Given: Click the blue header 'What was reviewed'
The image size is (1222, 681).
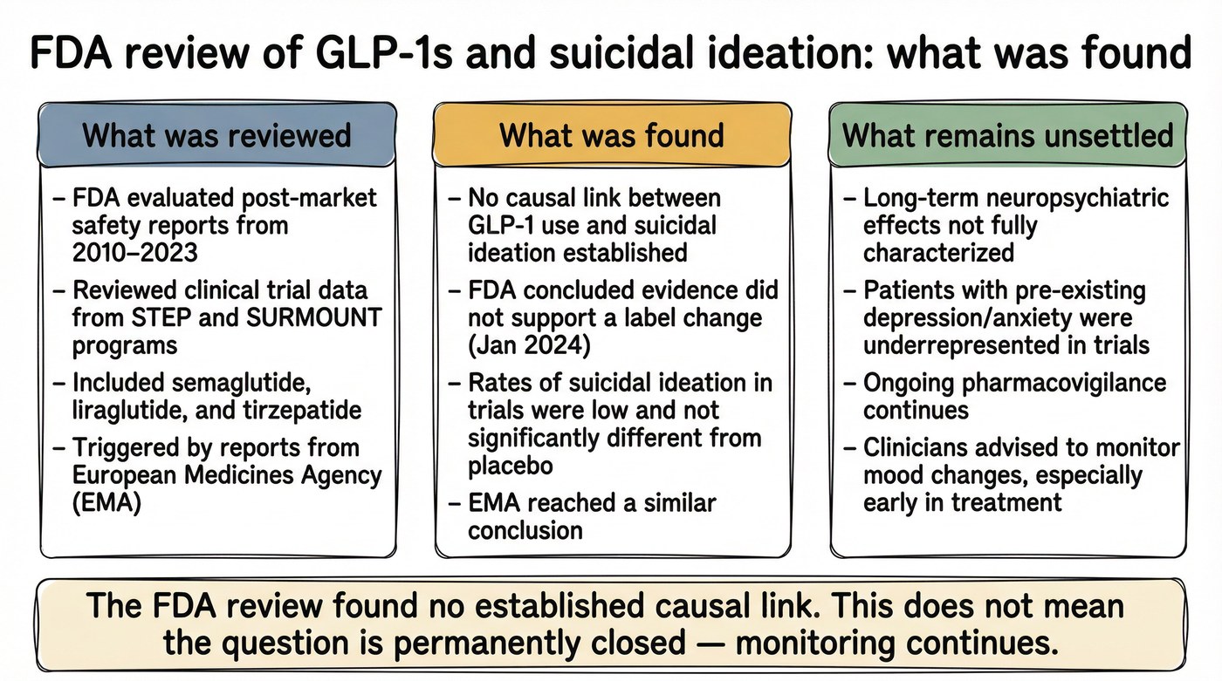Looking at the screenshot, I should pos(216,135).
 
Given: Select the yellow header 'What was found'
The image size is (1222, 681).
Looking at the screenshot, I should pos(611,135).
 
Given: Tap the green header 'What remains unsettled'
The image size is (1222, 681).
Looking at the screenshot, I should pos(1007,135).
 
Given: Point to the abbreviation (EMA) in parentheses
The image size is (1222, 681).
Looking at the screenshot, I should pos(106,503).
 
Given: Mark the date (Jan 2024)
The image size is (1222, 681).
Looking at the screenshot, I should pos(530,345).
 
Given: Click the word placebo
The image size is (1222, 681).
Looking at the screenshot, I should pos(511,465).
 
